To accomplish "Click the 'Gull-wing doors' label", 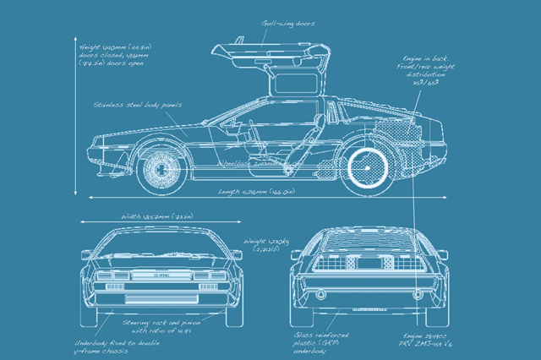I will click(x=287, y=25).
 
